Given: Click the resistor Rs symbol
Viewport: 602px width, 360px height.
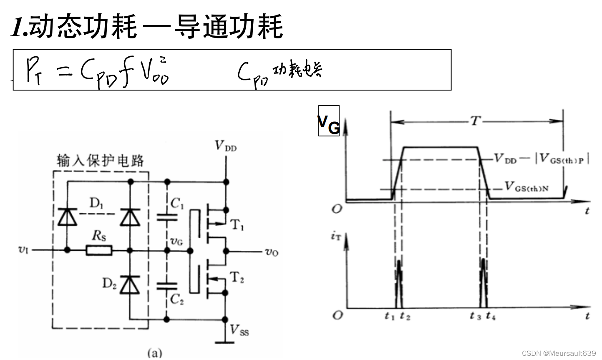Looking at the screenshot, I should tap(99, 251).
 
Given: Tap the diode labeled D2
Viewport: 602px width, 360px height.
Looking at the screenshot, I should tap(130, 285).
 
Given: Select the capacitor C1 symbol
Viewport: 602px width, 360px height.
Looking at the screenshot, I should tap(167, 217).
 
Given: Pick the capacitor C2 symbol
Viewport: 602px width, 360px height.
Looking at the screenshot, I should tap(167, 286).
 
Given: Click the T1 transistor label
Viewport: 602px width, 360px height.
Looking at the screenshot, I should tap(237, 226).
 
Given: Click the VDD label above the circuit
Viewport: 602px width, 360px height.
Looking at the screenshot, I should tap(225, 146).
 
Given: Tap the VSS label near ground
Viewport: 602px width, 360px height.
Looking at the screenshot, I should tap(239, 330).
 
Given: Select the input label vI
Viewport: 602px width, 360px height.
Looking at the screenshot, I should tap(23, 249).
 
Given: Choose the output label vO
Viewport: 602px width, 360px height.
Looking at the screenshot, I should tap(272, 252).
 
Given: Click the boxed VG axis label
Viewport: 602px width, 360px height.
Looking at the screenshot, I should tap(329, 121).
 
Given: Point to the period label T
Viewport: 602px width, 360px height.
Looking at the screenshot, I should tap(476, 121).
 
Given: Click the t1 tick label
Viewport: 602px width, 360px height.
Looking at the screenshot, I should tap(390, 316).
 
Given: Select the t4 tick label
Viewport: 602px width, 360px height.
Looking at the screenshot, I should tap(491, 316).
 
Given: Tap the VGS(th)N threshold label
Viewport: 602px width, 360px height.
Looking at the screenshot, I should tap(526, 186).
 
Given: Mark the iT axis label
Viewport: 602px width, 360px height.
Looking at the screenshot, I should tap(336, 237).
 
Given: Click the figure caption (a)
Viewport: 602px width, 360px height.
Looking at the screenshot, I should tap(154, 353).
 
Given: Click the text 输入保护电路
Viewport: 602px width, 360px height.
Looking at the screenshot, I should tap(101, 161).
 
